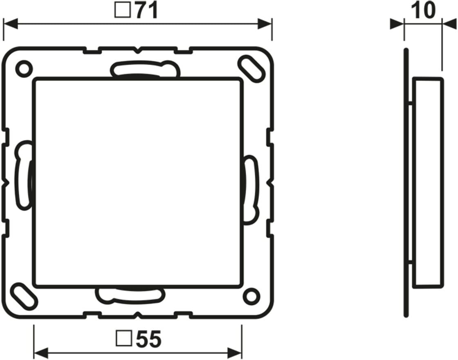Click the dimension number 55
pos(149,339)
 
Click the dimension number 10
pos(423,10)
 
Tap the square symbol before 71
pos(123,11)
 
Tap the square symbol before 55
pos(124,339)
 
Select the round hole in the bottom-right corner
pos(251,297)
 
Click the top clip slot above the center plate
pos(145,70)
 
